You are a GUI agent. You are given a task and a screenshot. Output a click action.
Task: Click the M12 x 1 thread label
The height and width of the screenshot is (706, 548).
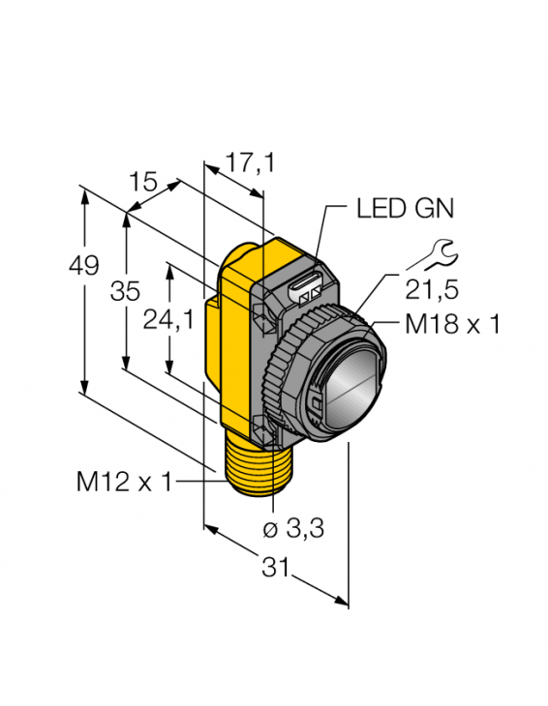point(124,480)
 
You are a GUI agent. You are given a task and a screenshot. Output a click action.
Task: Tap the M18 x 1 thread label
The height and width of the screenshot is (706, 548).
point(452,324)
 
